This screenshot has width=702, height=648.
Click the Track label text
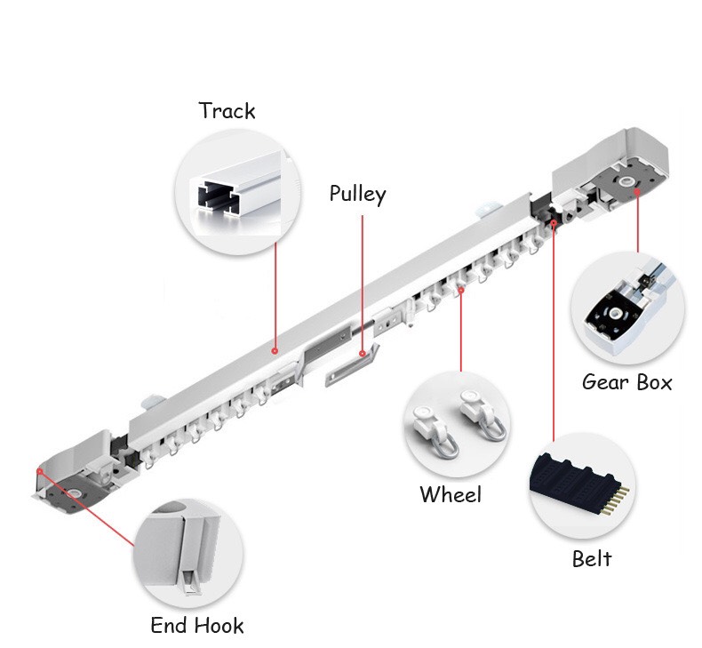[x=227, y=110]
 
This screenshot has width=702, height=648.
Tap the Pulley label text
[x=357, y=195]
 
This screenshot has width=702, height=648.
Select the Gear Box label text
[x=626, y=382]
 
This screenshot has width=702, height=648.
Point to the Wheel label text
[x=451, y=494]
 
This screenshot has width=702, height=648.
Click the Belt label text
[x=592, y=558]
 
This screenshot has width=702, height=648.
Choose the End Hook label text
[x=197, y=625]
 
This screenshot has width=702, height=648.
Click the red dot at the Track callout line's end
[x=275, y=351]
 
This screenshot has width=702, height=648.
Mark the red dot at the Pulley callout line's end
[x=363, y=354]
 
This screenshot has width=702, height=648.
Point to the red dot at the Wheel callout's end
[x=460, y=290]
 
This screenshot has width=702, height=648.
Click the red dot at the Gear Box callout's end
[x=636, y=192]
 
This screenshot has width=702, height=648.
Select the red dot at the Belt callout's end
[x=554, y=222]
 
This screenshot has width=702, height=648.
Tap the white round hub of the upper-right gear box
[x=626, y=181]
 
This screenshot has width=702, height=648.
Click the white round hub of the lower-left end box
[x=75, y=493]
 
